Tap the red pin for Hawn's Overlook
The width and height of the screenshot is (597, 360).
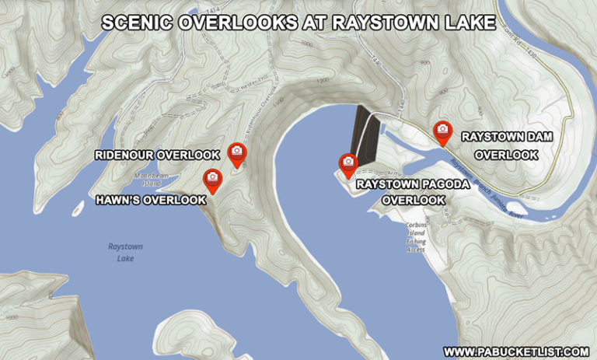click(211, 179)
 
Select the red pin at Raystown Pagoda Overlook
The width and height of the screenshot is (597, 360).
click(347, 163)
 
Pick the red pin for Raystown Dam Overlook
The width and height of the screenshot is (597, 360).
click(442, 131)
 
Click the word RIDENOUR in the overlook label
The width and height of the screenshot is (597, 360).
click(125, 156)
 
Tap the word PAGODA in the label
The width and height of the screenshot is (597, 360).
click(460, 186)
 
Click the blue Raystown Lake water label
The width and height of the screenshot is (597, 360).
click(126, 252)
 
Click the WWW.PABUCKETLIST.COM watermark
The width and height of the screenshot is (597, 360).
click(515, 351)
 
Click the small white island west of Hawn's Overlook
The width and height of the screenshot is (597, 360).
click(78, 208)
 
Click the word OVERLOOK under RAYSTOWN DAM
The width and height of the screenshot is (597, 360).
click(506, 155)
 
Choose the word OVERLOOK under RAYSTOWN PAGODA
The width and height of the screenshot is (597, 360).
click(413, 201)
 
